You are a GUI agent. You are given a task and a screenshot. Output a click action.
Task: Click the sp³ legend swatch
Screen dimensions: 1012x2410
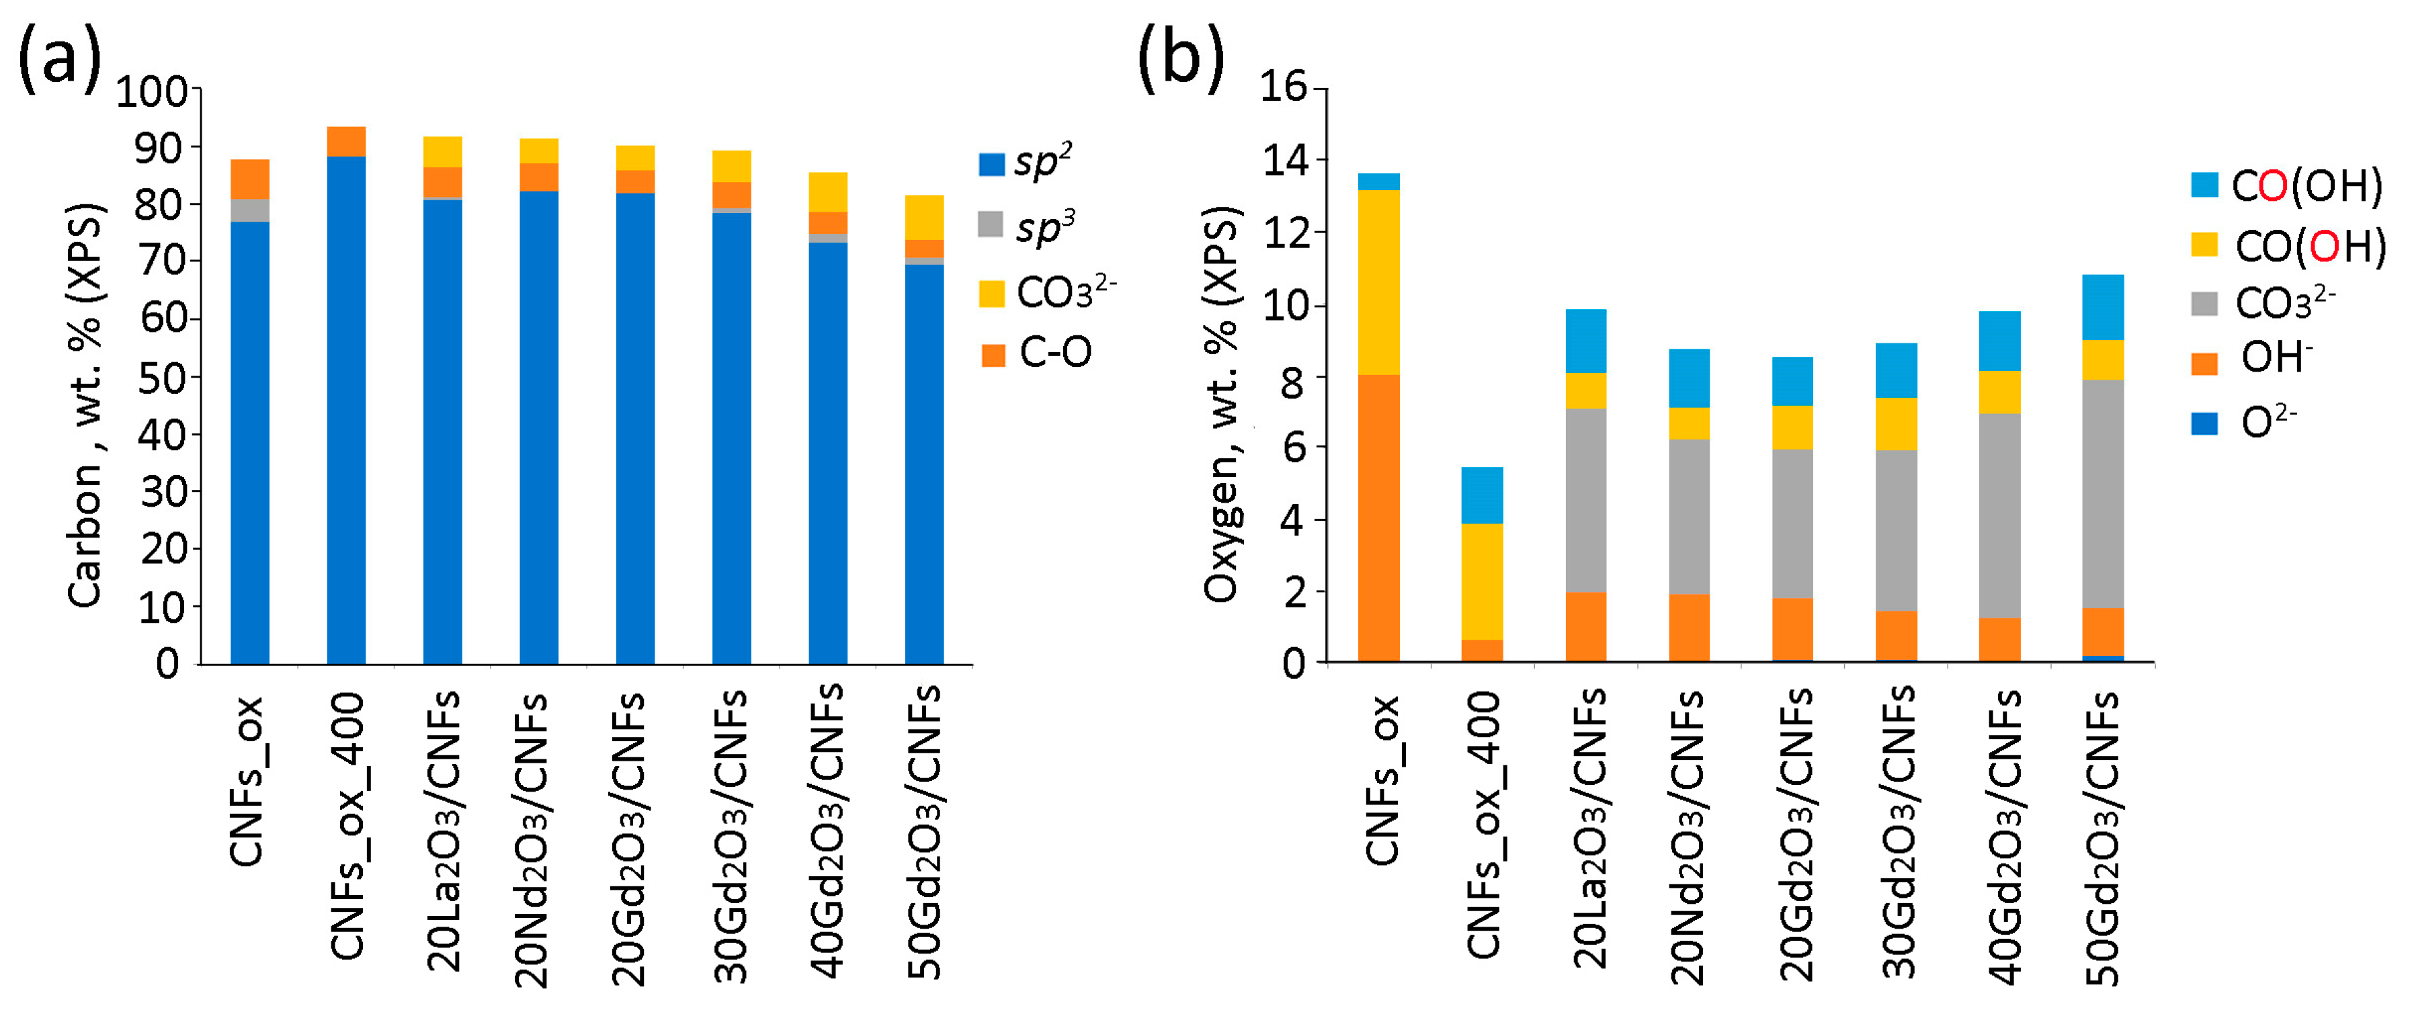click(x=990, y=224)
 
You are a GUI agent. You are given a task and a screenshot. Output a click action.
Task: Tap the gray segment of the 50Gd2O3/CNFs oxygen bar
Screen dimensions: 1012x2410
click(x=2102, y=493)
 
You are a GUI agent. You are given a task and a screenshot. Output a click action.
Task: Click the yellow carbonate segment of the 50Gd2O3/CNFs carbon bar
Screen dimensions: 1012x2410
click(x=924, y=217)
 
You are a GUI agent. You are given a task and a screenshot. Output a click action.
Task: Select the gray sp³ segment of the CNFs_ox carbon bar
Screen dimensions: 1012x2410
click(x=250, y=210)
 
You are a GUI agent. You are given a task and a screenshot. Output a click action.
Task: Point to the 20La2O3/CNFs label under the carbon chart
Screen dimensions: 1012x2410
click(x=442, y=830)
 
